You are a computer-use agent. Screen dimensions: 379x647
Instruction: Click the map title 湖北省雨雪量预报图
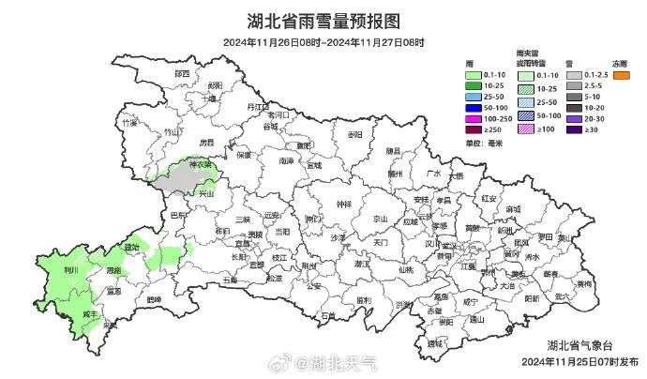pyautogui.click(x=323, y=21)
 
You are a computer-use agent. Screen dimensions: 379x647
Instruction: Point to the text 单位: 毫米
pyautogui.click(x=484, y=143)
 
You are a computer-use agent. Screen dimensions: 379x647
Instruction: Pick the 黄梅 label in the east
pyautogui.click(x=583, y=282)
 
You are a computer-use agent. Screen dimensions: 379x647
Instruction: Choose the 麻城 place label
pyautogui.click(x=512, y=209)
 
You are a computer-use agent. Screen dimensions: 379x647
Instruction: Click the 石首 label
pyautogui.click(x=327, y=316)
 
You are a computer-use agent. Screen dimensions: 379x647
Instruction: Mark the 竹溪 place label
pyautogui.click(x=129, y=122)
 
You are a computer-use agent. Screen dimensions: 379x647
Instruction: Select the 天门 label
pyautogui.click(x=380, y=242)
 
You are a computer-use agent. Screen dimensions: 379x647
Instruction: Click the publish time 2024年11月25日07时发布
pyautogui.click(x=581, y=361)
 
